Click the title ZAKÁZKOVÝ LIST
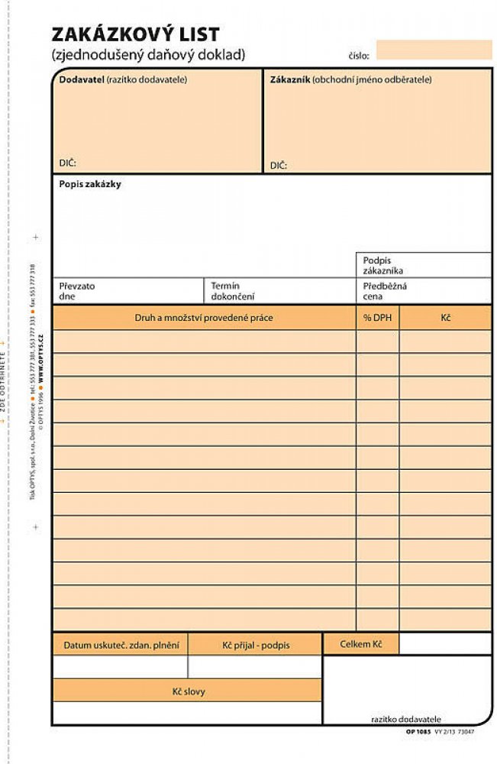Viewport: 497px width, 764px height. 135,34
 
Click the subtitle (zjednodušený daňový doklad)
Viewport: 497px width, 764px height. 148,55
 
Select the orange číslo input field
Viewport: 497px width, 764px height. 434,50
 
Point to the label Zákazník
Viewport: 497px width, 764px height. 290,79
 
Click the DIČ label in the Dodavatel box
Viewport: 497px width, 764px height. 68,163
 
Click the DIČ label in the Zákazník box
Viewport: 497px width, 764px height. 279,165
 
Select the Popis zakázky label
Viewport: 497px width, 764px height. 90,184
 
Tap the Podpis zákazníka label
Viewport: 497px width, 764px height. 383,265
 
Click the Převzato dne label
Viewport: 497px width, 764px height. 77,290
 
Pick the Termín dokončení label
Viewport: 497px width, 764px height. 232,290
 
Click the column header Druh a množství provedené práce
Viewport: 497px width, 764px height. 203,318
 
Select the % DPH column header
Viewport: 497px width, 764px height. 377,318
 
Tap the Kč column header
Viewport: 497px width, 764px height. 445,318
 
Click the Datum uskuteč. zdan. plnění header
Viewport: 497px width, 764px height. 120,645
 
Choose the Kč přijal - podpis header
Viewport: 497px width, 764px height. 256,645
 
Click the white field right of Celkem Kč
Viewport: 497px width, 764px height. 445,643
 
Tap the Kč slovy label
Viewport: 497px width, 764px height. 187,691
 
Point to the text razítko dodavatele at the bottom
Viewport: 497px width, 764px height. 406,719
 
